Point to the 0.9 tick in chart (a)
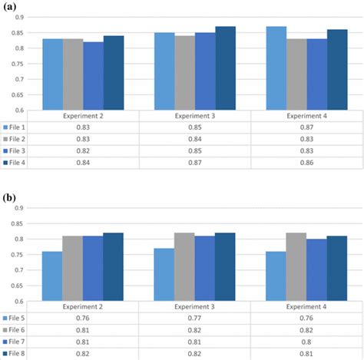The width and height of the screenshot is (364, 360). [19, 17]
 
